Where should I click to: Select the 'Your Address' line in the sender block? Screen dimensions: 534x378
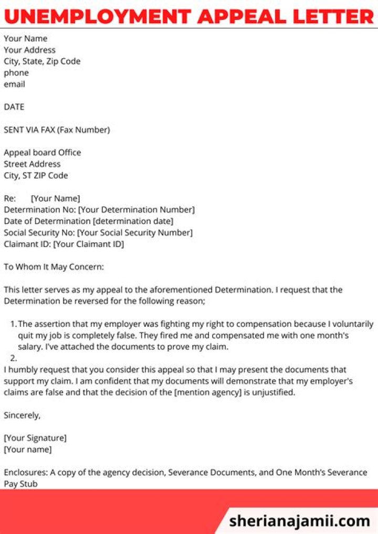(x=29, y=50)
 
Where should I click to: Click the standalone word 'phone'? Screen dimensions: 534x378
(x=16, y=73)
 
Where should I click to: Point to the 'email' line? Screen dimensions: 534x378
(x=14, y=84)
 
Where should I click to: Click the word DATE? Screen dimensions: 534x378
(x=14, y=107)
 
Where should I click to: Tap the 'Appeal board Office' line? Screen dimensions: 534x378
(x=43, y=153)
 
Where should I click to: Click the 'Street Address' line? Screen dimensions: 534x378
(x=32, y=164)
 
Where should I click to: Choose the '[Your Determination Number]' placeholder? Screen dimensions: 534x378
(x=136, y=210)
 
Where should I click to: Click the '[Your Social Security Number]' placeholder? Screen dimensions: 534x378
(x=135, y=232)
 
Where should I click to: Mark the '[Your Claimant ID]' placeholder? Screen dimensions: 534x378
(x=89, y=244)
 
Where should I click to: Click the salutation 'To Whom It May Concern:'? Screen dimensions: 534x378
(x=54, y=267)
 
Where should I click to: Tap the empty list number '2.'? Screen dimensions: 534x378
(x=14, y=359)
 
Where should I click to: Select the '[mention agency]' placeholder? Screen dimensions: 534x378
(x=208, y=392)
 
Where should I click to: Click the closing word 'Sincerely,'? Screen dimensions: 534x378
(x=22, y=415)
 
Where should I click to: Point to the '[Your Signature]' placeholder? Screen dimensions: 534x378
(x=35, y=438)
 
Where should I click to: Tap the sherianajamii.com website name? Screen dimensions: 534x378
(x=300, y=521)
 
